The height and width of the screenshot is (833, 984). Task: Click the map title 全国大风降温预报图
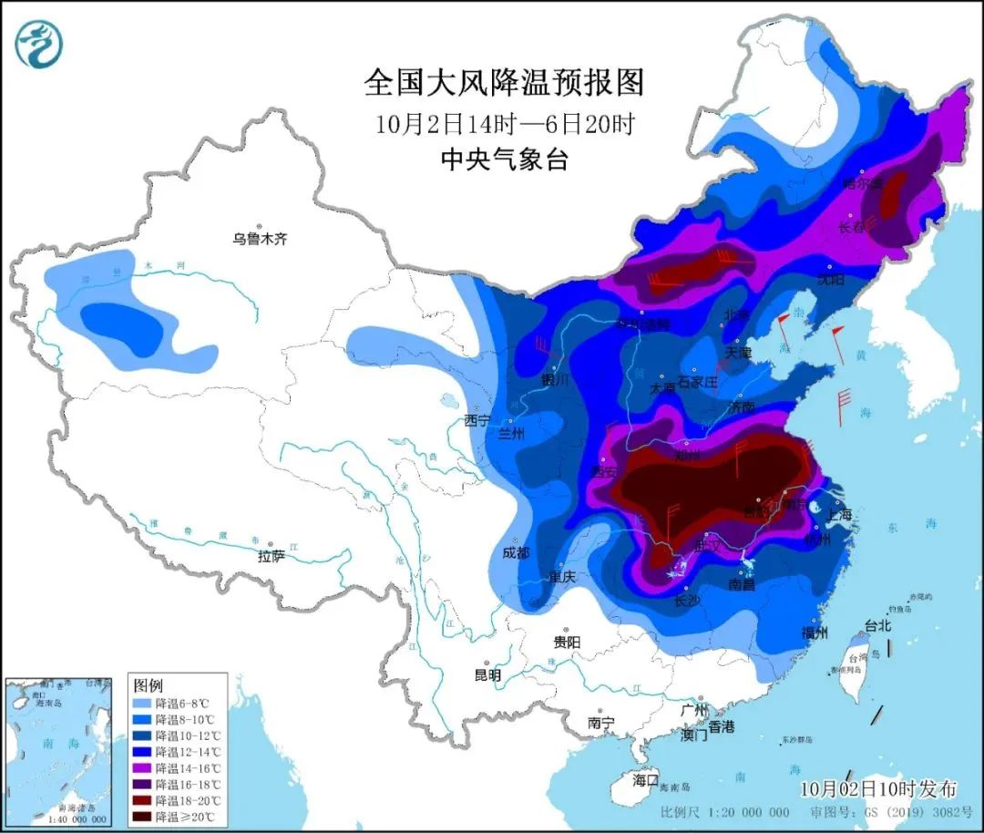504,83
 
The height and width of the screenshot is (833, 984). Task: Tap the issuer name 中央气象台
504,159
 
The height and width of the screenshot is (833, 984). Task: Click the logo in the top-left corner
39,44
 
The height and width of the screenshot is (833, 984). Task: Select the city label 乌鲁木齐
260,239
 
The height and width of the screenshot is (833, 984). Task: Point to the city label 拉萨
272,555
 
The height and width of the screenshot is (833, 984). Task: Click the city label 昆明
487,675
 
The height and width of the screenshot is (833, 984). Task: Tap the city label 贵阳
566,642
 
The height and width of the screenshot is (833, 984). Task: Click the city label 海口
645,780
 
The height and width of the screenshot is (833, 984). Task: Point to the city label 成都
516,552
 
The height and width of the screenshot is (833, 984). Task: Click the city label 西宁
477,420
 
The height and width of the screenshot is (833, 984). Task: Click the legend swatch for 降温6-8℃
142,704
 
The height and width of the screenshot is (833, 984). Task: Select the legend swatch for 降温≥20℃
142,816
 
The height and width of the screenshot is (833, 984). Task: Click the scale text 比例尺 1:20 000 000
725,812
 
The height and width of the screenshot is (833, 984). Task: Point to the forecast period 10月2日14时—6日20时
504,122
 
